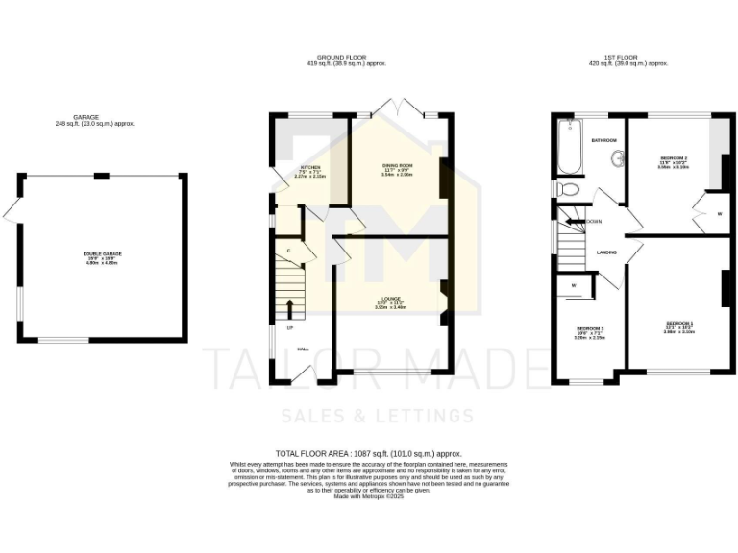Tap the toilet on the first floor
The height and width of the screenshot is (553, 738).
click(568, 189)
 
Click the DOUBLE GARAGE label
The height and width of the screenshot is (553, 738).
click(100, 254)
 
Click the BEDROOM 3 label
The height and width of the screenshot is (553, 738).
click(588, 328)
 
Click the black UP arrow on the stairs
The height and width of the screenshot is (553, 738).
click(289, 308)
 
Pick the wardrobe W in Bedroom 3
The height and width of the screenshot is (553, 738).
click(574, 284)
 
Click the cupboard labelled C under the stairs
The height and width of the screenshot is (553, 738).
click(288, 252)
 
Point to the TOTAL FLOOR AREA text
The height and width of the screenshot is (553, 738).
click(369, 452)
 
